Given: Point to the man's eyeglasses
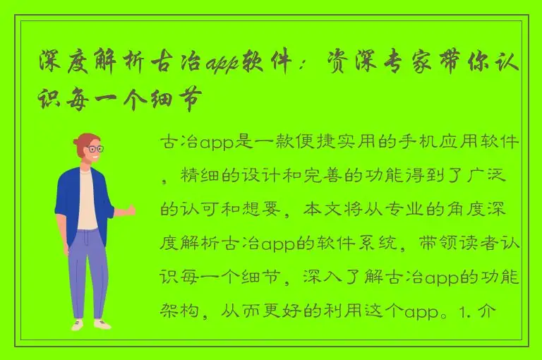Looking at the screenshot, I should tap(94, 150).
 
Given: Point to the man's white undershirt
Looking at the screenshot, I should tap(88, 201).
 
